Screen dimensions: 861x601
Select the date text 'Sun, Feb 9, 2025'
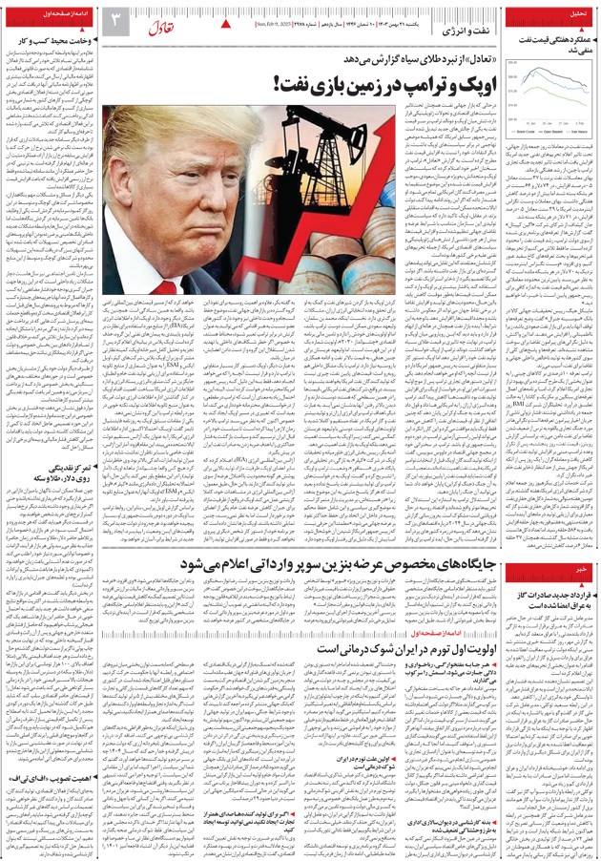point(271,22)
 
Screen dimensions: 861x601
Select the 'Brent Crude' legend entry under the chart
point(530,131)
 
